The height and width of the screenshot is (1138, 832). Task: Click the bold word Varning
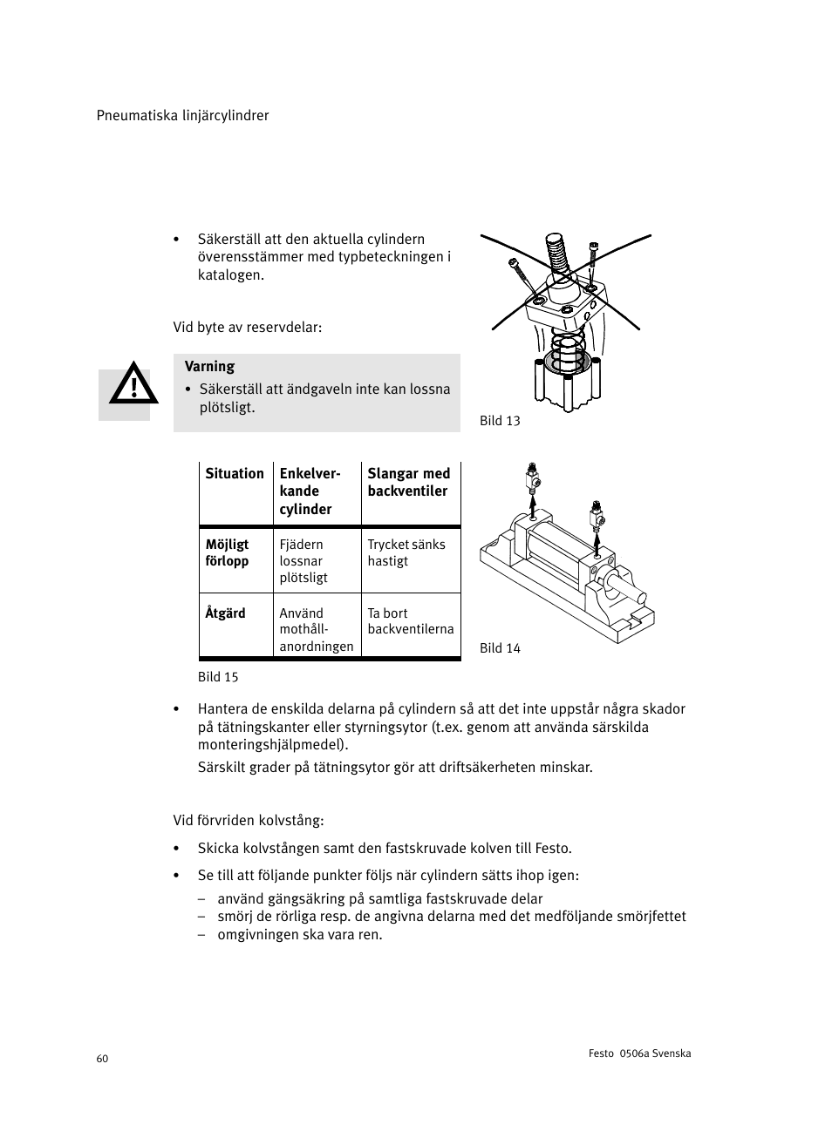(209, 367)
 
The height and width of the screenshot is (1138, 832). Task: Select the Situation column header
(235, 474)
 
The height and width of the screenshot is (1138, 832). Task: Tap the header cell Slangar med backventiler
(409, 483)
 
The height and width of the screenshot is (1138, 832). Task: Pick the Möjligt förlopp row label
(228, 552)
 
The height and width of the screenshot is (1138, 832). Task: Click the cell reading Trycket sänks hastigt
(406, 552)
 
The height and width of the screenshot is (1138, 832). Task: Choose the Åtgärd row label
(226, 613)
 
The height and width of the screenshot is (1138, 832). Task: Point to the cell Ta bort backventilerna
(411, 621)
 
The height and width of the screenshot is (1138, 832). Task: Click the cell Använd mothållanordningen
(316, 629)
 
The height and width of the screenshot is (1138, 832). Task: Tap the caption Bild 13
(500, 421)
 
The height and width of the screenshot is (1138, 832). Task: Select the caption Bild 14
(500, 648)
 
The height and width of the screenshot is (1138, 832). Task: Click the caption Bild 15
(218, 677)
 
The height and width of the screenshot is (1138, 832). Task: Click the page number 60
(103, 1059)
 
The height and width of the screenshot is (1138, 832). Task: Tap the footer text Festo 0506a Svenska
(640, 1053)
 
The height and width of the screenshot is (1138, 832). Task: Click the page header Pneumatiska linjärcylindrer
(182, 116)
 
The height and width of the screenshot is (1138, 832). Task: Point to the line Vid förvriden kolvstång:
(249, 821)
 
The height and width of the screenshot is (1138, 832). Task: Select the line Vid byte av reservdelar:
(248, 328)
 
